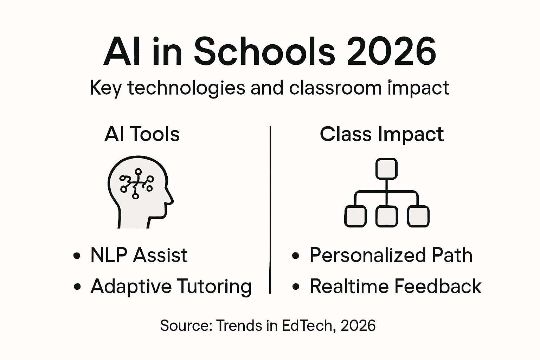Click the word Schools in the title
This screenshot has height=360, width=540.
pyautogui.click(x=264, y=53)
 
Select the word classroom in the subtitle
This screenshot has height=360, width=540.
pyautogui.click(x=335, y=88)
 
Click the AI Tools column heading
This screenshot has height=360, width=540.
pyautogui.click(x=142, y=134)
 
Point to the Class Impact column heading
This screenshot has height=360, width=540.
pyautogui.click(x=382, y=134)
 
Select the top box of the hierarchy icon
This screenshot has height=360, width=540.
pyautogui.click(x=386, y=169)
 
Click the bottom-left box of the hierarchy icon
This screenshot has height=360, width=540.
pyautogui.click(x=355, y=216)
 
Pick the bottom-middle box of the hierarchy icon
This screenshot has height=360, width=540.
pyautogui.click(x=386, y=216)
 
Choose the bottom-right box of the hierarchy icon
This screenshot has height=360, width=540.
pyautogui.click(x=418, y=216)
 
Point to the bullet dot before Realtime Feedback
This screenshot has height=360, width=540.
pyautogui.click(x=296, y=287)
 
